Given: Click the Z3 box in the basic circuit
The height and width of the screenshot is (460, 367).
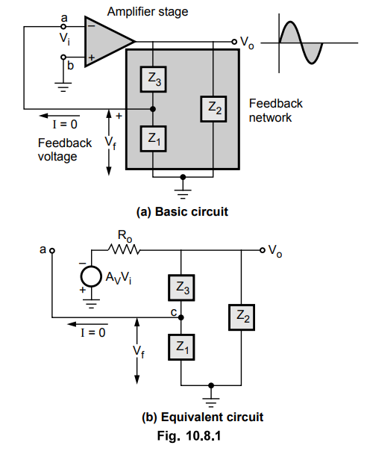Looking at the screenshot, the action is point(154,79).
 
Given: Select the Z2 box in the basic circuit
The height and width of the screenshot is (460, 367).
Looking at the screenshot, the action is point(213,109).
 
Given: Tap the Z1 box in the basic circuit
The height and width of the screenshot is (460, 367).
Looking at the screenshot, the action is point(154,139).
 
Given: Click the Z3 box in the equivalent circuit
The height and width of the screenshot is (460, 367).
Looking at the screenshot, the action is point(181,287).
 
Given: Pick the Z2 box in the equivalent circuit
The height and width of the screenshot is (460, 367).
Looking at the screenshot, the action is point(242,317).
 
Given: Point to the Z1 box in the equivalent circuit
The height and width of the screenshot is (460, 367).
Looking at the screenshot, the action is point(181,347).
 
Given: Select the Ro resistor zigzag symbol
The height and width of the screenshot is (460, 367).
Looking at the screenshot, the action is point(124,249).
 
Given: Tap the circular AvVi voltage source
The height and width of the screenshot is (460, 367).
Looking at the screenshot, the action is point(91,276).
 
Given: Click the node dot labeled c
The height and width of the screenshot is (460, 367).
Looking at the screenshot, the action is point(181,317).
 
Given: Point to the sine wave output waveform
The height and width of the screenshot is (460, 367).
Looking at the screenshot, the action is point(301,43).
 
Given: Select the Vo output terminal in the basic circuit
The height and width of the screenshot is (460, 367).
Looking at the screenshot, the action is point(234,42).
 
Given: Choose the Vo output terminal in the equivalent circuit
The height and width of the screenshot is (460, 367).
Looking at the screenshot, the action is point(262,250).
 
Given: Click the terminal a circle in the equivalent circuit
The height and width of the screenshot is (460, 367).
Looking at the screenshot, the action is point(52,251).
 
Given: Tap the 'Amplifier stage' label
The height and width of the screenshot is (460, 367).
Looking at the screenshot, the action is point(148,12).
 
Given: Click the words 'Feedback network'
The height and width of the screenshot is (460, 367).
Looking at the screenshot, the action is point(275,111).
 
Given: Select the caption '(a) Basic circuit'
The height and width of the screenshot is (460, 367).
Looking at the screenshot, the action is point(182,211).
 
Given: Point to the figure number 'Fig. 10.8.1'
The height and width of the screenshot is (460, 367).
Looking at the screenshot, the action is point(189,435).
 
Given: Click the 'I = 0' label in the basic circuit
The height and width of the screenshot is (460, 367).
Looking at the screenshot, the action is point(65,125).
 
